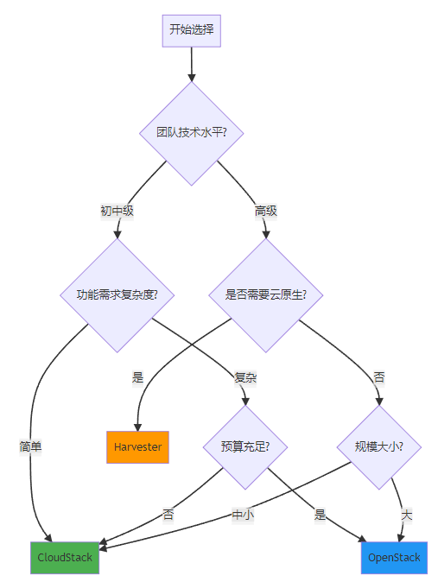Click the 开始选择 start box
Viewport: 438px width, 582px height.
191,31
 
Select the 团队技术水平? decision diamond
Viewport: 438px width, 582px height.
191,133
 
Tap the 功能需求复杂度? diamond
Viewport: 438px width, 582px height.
117,295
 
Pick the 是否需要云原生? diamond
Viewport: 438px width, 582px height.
265,295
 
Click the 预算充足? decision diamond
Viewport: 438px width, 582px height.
245,447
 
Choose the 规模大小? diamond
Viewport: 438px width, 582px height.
379,447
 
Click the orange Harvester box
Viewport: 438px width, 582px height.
138,447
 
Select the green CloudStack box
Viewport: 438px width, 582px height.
65,558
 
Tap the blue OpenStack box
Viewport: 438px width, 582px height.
394,558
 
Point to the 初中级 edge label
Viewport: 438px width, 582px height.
117,212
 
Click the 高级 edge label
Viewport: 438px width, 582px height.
265,212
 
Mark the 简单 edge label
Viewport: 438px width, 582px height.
30,446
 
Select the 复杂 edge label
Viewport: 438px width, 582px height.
245,378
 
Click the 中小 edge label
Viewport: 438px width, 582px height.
243,515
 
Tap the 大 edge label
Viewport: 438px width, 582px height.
406,515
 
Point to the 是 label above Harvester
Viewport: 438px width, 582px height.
138,378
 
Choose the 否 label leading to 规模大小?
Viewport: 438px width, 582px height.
379,378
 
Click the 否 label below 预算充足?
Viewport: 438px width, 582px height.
168,515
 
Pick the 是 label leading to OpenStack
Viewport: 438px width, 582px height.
320,515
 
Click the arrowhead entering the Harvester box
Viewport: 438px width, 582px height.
138,427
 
